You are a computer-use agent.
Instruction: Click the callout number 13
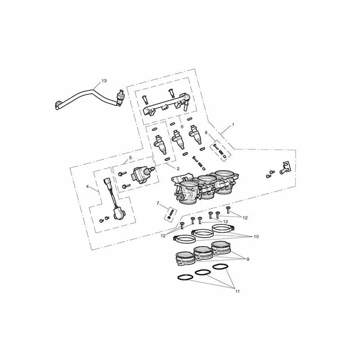tap(104, 81)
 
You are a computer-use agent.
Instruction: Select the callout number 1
tap(233, 125)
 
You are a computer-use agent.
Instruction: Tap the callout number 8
tap(206, 132)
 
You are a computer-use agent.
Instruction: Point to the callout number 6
tap(182, 126)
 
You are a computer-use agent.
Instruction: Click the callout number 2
tap(178, 169)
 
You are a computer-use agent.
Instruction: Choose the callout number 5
tap(130, 157)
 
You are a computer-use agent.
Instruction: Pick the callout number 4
tap(87, 187)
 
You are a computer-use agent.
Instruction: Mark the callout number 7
tap(158, 203)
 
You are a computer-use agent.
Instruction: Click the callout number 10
tap(256, 237)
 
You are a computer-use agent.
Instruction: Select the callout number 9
tap(248, 260)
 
